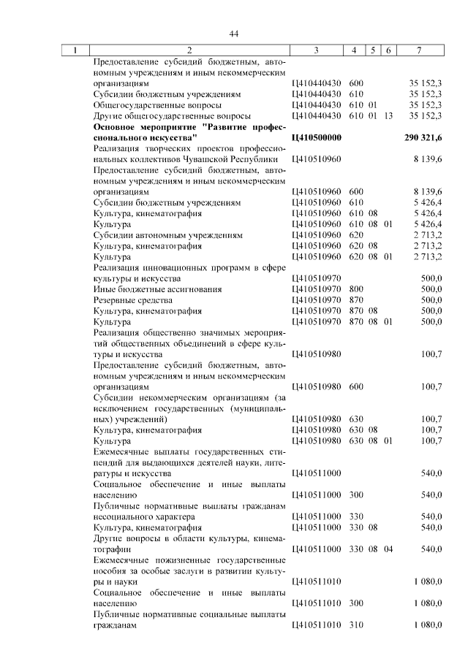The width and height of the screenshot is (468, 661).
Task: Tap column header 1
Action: click(75, 50)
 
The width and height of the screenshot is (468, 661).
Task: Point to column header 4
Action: click(354, 50)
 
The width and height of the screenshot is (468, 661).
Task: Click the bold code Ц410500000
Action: click(316, 137)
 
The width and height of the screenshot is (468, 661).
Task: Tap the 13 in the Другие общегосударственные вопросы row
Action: click(388, 115)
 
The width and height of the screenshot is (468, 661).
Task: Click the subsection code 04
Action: click(388, 549)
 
